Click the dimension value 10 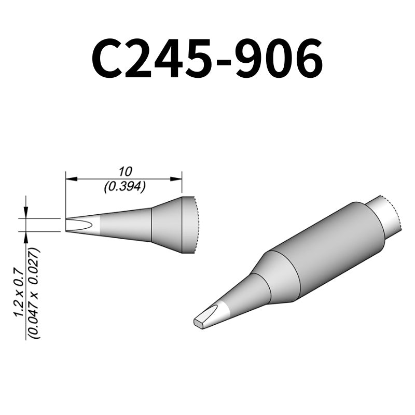(x=124, y=171)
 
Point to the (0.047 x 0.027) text (x=35, y=293)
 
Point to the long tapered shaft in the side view (x=125, y=225)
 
